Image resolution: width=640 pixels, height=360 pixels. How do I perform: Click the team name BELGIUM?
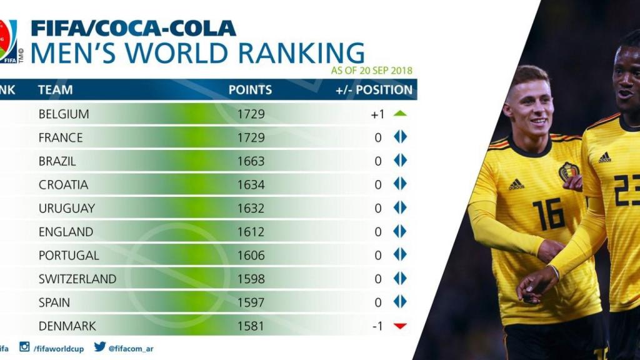click(64, 114)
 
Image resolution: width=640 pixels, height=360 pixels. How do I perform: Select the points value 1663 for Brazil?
click(251, 161)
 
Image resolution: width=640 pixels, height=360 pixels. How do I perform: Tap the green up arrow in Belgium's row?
click(400, 114)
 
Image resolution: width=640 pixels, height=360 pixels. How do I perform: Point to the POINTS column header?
click(250, 90)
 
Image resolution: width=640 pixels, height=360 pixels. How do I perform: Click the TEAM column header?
click(55, 90)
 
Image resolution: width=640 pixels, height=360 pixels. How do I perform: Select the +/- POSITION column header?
click(374, 90)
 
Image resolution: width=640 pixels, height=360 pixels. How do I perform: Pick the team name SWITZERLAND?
click(77, 279)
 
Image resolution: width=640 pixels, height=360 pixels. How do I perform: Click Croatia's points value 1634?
click(251, 185)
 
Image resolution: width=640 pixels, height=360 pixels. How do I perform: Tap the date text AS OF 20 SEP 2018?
click(371, 71)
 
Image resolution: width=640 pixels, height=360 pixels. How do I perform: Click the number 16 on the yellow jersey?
click(548, 214)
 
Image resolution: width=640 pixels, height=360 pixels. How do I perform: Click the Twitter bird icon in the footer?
click(100, 346)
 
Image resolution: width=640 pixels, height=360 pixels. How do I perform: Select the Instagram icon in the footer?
click(24, 346)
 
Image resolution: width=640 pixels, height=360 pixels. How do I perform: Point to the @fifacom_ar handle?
click(132, 347)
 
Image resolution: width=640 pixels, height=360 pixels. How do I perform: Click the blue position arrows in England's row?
click(400, 232)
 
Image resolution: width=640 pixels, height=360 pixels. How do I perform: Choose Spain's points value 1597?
click(251, 302)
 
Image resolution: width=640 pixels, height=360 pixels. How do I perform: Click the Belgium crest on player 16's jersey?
click(568, 171)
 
